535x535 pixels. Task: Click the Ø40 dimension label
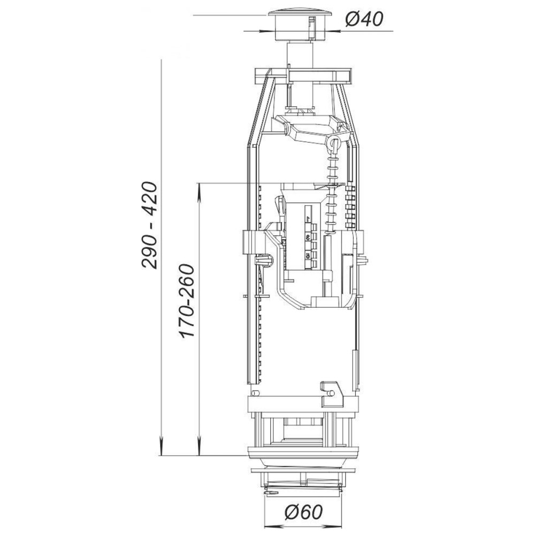364,19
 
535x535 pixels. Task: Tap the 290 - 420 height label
150,226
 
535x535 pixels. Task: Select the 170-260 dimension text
187,301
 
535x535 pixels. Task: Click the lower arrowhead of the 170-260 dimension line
198,445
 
